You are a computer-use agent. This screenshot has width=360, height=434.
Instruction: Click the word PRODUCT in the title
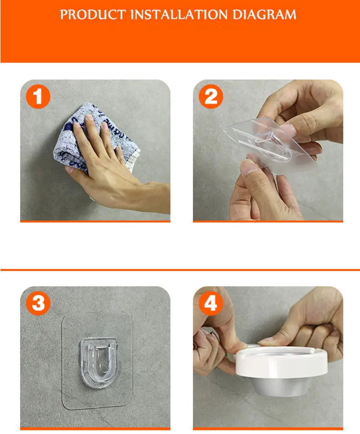point(93,14)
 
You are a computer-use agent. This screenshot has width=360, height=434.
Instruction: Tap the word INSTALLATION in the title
point(179,14)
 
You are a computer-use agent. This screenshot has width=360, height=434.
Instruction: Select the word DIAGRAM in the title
point(264,14)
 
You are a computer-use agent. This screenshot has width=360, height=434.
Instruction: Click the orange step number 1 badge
point(38,97)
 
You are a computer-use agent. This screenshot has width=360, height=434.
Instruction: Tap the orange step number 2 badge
point(211,97)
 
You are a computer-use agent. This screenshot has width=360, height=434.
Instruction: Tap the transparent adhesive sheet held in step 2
point(270,145)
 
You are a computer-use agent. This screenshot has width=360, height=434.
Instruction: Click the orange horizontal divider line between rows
point(180,269)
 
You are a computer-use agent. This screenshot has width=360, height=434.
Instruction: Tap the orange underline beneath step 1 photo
point(95,221)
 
